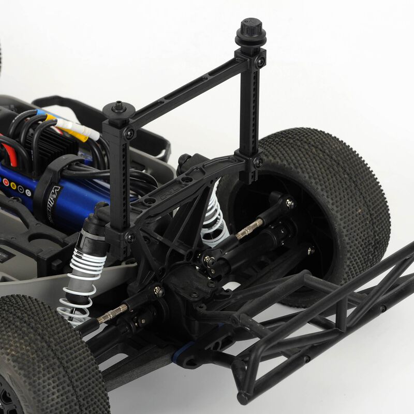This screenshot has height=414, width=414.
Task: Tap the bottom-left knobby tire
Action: [47, 357]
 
